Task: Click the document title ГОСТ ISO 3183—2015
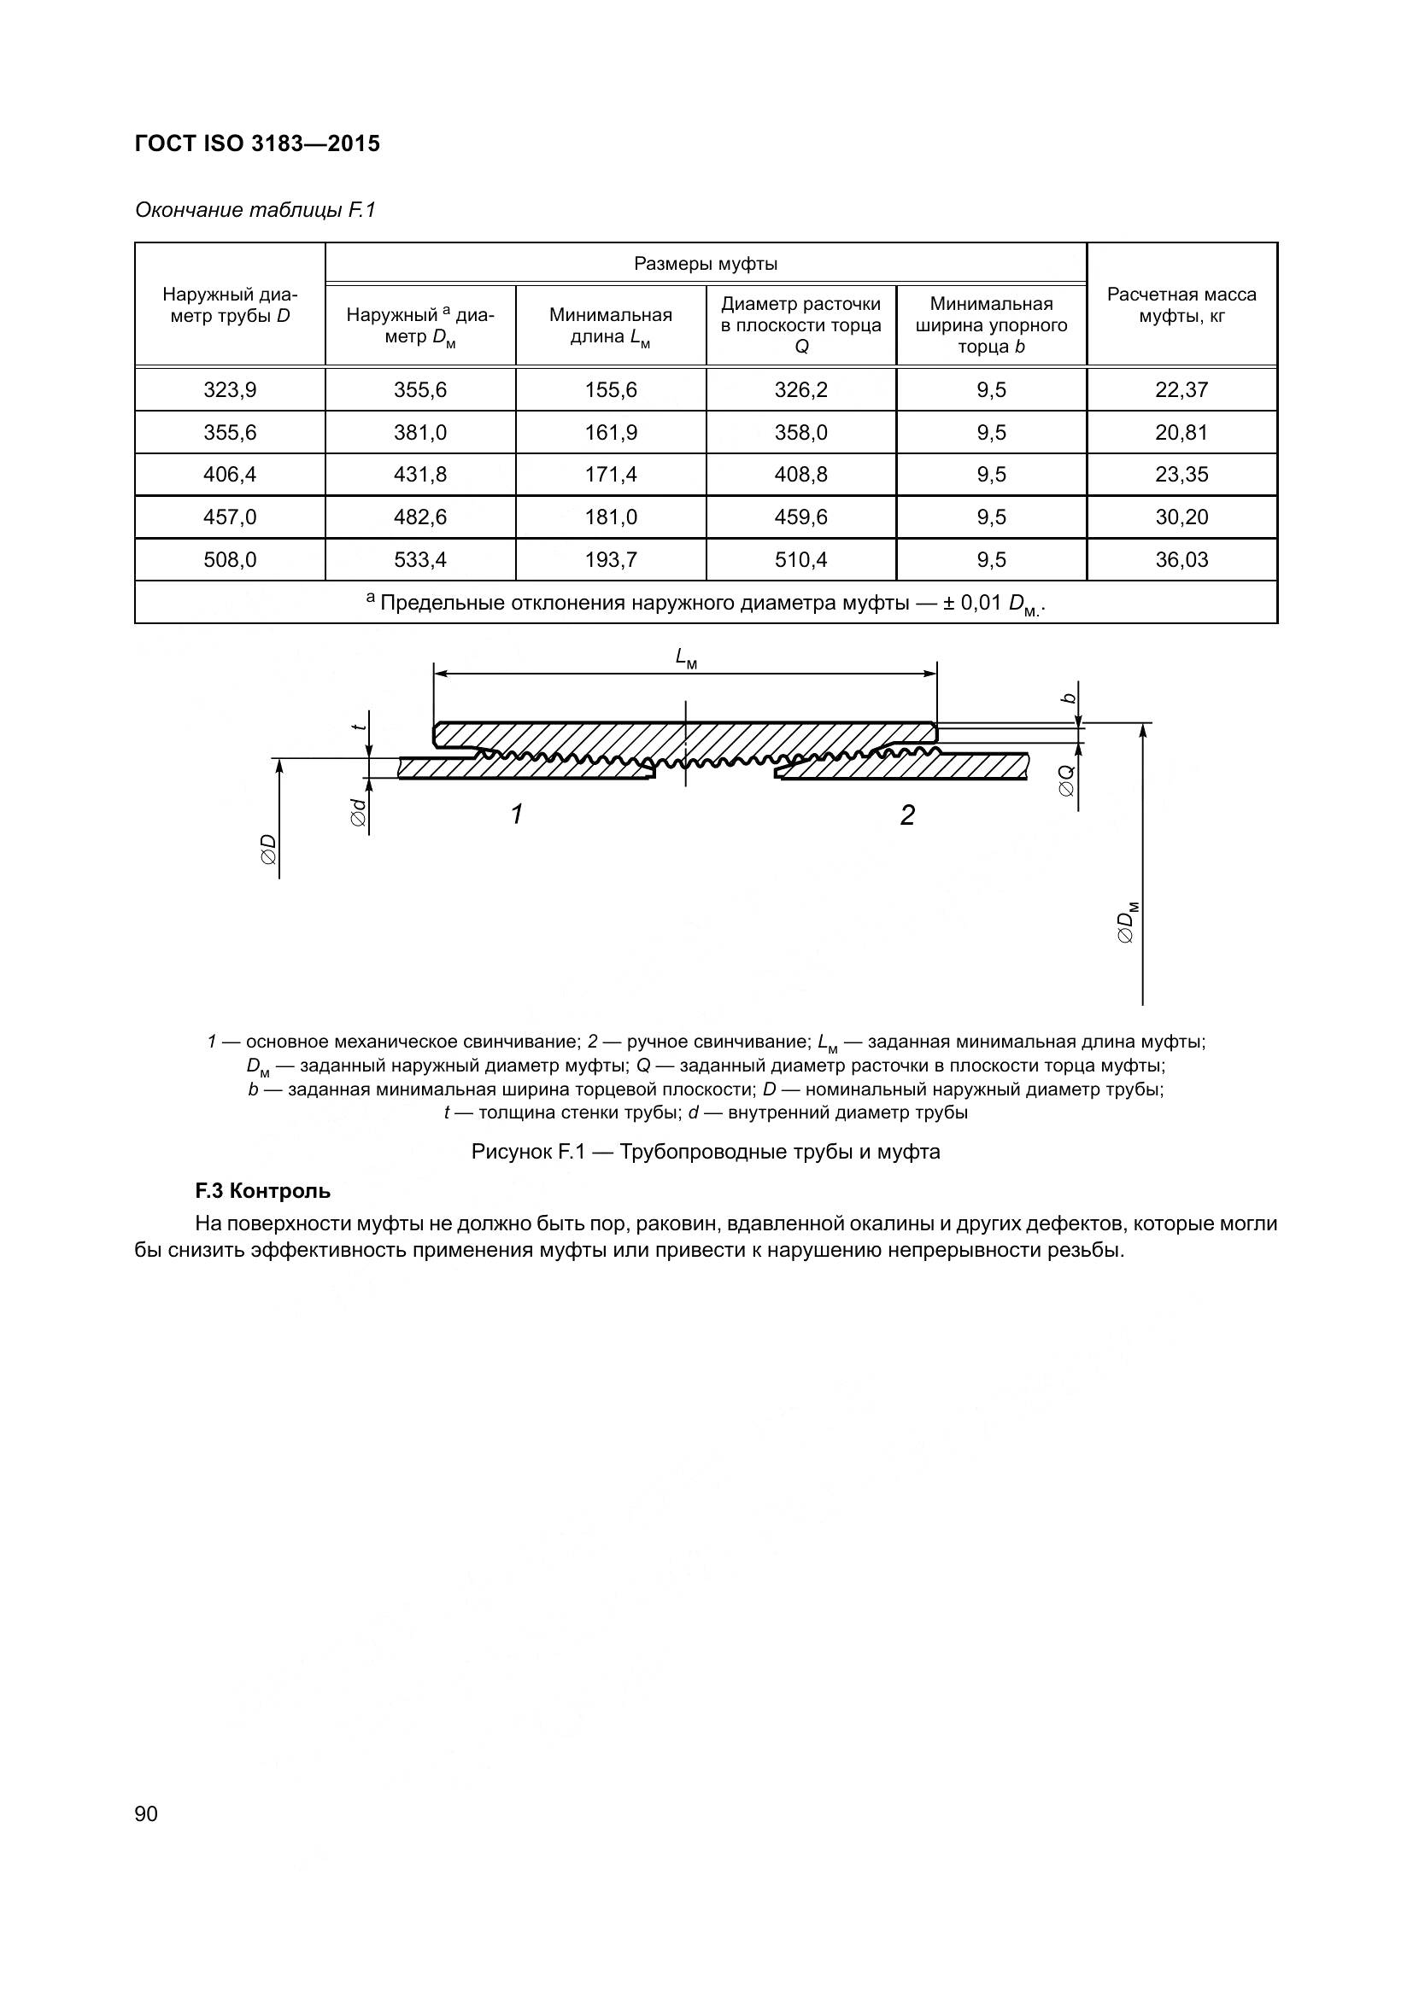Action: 257,143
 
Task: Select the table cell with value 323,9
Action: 230,389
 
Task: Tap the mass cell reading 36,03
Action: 1181,559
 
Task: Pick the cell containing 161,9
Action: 610,432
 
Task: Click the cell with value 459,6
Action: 800,517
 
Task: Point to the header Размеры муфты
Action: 705,264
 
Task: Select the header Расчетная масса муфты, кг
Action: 1181,305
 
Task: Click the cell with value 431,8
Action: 420,474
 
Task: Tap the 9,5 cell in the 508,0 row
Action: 991,559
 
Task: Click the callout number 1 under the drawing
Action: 517,815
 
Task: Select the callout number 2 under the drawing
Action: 906,815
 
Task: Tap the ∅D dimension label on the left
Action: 268,849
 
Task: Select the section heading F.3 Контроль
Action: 263,1191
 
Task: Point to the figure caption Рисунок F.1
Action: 705,1152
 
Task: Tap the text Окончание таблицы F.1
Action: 255,210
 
